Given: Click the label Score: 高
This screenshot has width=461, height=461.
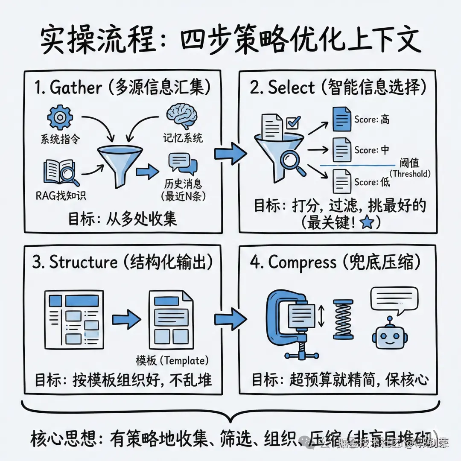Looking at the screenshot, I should [x=372, y=120].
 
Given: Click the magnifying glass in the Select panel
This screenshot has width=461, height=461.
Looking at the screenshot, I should [x=293, y=163].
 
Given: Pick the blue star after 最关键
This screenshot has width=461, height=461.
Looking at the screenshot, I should [x=366, y=223].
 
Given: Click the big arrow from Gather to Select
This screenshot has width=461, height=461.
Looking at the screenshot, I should [x=230, y=152].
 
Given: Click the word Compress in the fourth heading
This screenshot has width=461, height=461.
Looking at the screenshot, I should [x=302, y=263].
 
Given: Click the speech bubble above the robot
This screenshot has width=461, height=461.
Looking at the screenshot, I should [x=391, y=299].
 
